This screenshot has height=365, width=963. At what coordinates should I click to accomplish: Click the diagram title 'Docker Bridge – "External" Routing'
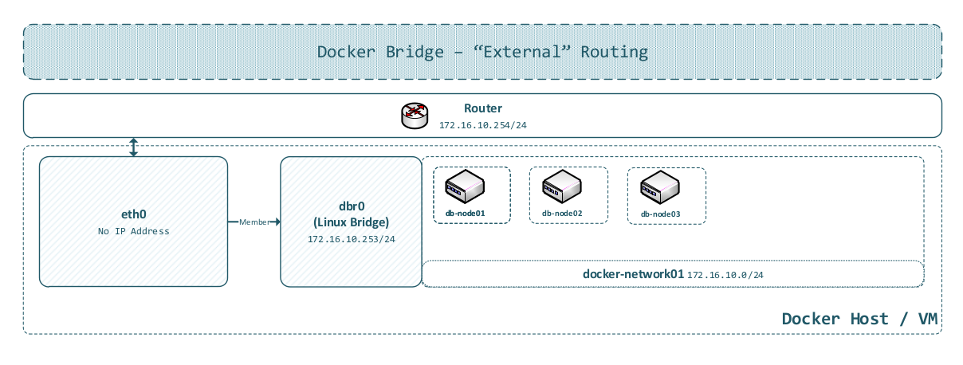pos(482,53)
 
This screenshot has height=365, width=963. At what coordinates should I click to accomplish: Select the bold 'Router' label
pos(483,108)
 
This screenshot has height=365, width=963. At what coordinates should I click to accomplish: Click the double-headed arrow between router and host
pos(134,147)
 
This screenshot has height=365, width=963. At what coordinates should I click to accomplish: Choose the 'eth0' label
pos(133,214)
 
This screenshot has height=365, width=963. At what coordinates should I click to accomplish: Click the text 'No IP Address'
pos(133,231)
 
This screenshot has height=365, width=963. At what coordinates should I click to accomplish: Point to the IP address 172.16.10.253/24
pos(351,238)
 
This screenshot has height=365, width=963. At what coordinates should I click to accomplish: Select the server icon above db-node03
pos(661,187)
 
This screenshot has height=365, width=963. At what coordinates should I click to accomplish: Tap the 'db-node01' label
pos(465,214)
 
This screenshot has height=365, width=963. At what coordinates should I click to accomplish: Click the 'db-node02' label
pos(562,214)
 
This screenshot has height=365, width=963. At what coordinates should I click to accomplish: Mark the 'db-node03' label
pos(661,214)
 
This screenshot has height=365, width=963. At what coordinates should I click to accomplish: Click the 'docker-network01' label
pos(634,273)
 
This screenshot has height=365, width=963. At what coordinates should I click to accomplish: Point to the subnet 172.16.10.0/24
pos(725,274)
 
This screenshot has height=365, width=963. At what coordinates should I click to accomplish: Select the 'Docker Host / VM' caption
pos(859,319)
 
